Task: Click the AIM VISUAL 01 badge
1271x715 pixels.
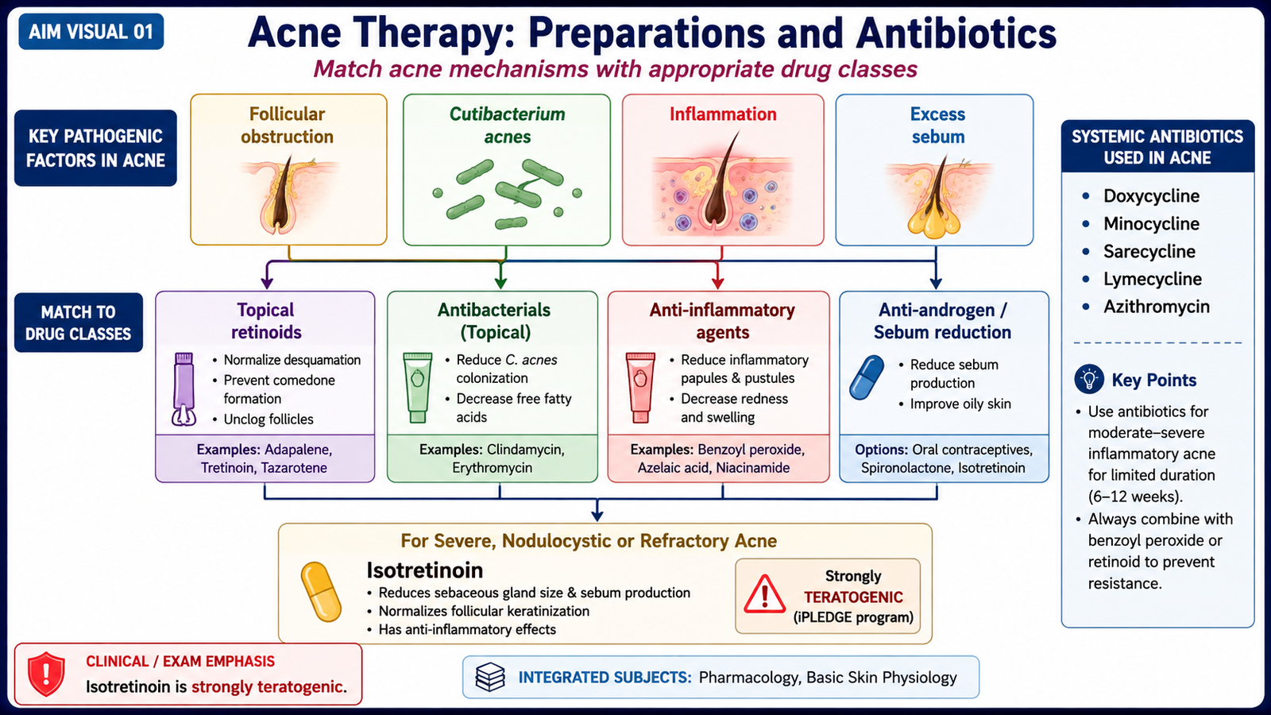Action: [91, 31]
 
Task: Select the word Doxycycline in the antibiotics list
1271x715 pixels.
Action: [1151, 195]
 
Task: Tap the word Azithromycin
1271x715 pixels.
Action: [1157, 307]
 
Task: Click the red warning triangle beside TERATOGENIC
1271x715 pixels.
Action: [764, 594]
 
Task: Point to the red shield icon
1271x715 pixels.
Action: [47, 674]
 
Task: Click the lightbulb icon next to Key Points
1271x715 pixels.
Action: [1089, 379]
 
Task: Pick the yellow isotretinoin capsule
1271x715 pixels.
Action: [321, 592]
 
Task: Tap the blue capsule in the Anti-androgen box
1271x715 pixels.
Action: [867, 377]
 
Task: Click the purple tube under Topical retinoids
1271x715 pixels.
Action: [184, 388]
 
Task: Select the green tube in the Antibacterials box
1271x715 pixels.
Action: [418, 388]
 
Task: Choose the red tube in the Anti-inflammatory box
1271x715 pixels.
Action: [640, 388]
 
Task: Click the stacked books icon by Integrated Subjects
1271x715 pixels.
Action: [489, 677]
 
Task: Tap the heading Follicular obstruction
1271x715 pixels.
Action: [287, 125]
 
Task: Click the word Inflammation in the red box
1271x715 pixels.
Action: [723, 114]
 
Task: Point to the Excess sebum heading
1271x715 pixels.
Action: [938, 125]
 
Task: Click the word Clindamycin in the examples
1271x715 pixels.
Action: [525, 450]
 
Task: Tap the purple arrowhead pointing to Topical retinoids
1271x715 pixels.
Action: [267, 282]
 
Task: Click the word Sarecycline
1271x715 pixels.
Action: [1149, 251]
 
